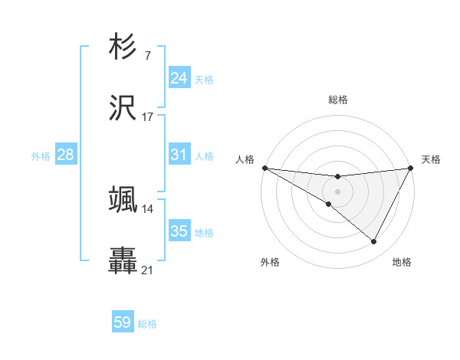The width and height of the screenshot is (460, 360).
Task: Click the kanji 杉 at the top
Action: point(123,47)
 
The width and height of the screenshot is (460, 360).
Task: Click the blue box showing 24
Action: point(179,78)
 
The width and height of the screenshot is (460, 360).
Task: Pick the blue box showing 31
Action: point(179,155)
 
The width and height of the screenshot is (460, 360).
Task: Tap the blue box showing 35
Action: point(179,231)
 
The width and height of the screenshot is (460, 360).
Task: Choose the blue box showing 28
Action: point(66,155)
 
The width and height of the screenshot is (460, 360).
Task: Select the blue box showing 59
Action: point(123,322)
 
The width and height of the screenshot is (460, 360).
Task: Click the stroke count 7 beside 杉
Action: point(147,55)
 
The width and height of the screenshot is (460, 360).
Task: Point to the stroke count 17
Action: point(147,117)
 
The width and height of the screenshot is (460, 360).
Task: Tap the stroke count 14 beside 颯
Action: point(147,208)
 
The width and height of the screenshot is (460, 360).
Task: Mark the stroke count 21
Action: point(147,270)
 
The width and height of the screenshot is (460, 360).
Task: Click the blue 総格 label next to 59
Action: point(147,324)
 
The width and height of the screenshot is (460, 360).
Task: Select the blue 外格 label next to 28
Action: point(41,156)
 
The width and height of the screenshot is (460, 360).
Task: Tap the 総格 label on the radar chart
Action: point(337,100)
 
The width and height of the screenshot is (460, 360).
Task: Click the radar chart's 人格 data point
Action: point(264,168)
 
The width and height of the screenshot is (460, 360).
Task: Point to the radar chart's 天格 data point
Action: point(411,168)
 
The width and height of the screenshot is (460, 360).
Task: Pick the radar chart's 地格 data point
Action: point(374,241)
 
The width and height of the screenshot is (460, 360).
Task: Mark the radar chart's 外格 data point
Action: point(329,204)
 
